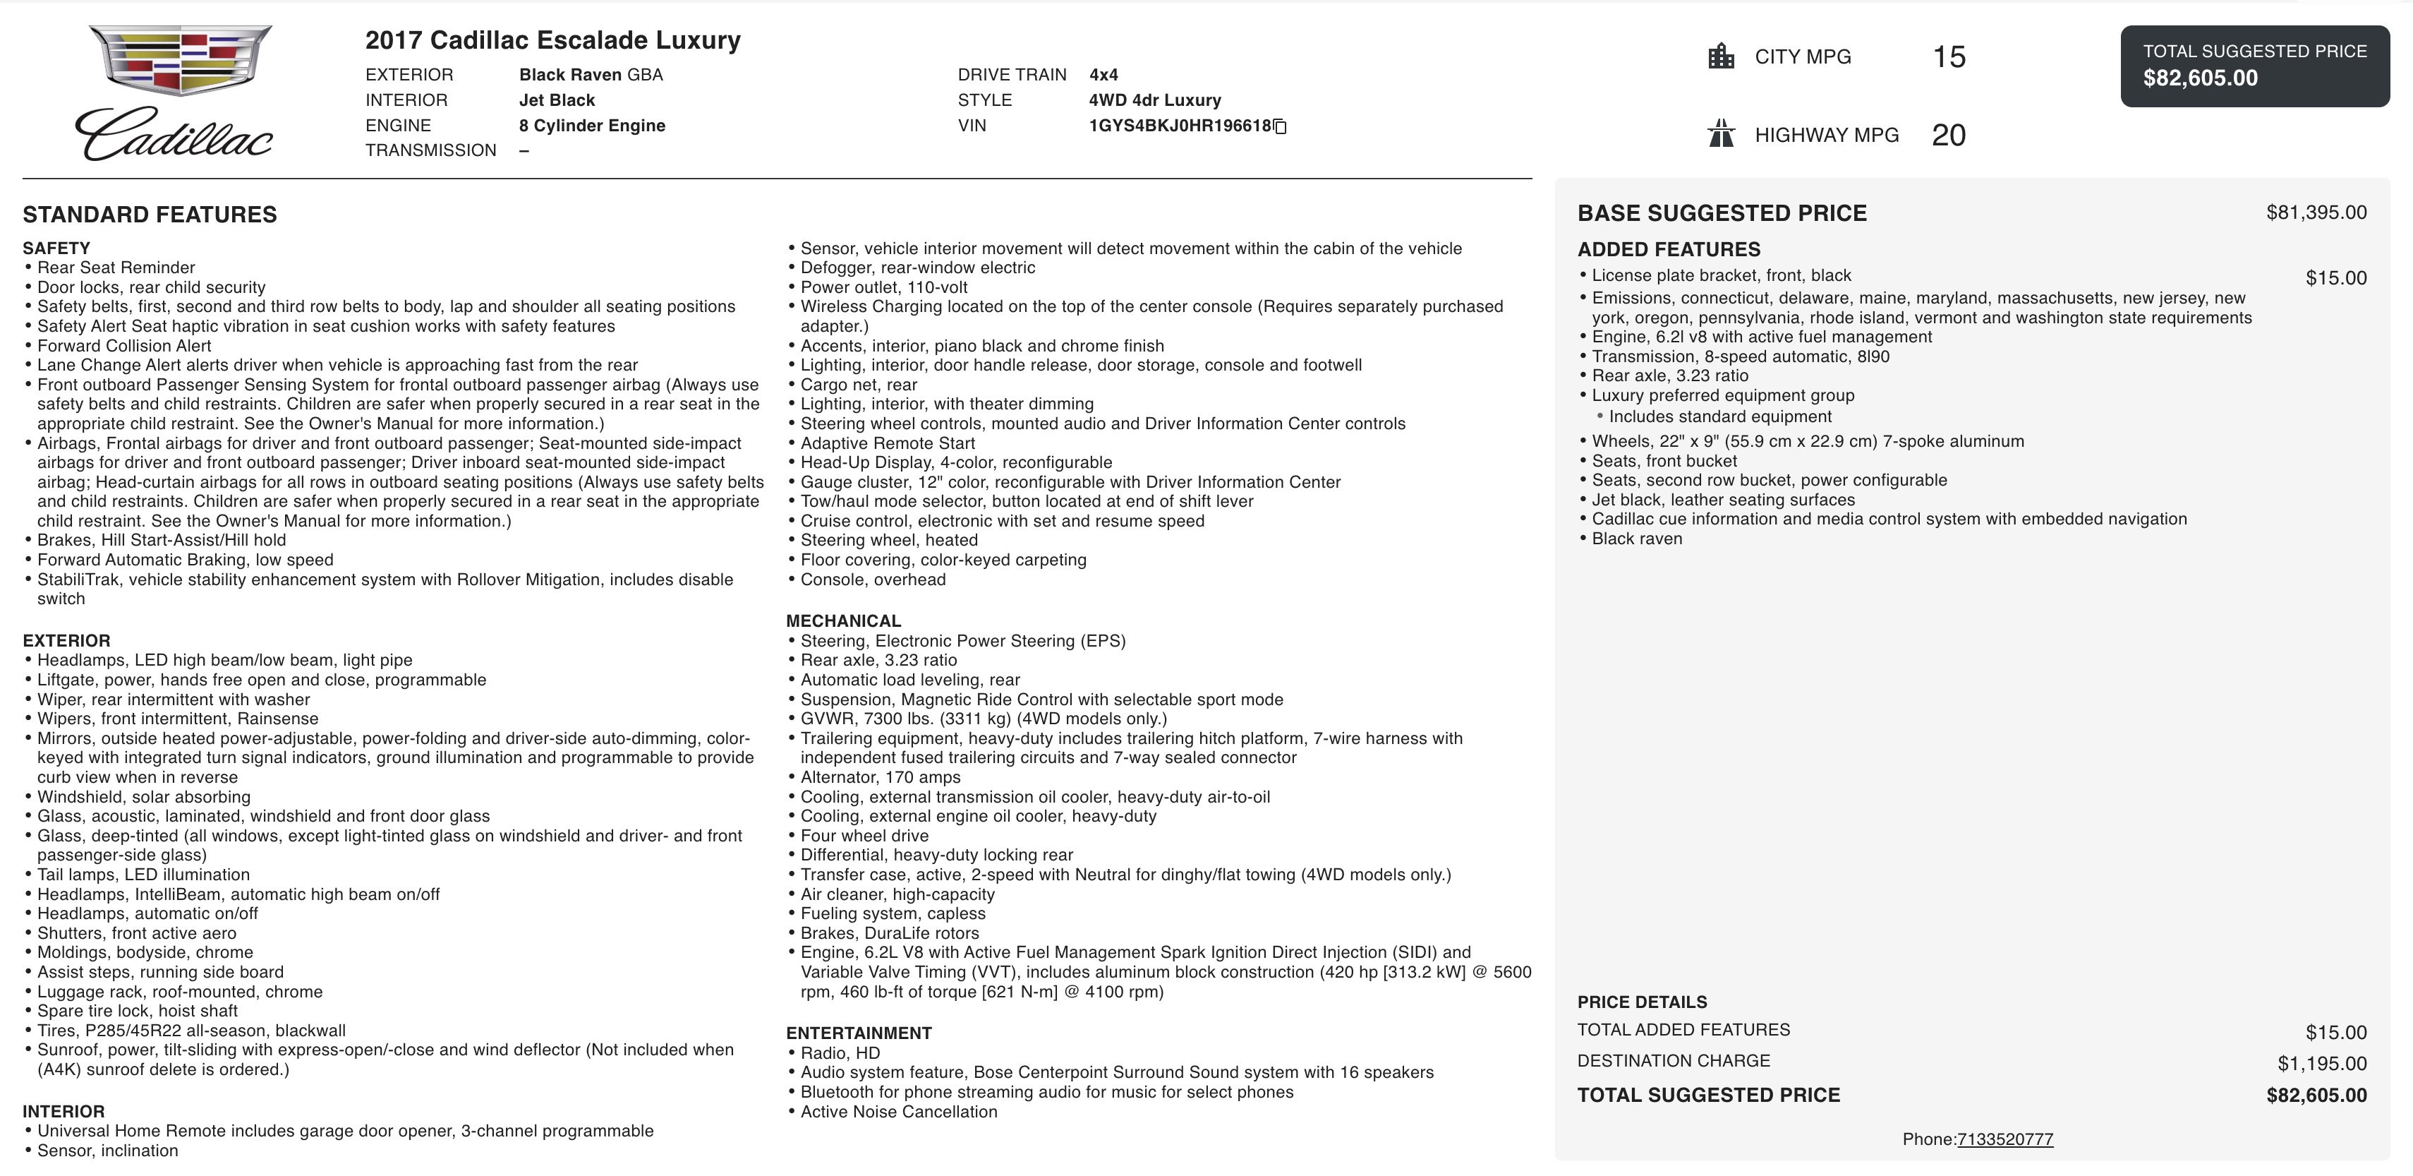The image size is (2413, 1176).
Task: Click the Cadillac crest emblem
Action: tap(180, 59)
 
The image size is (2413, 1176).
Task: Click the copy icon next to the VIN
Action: tap(1281, 126)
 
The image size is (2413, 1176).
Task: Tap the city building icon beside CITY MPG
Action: tap(1721, 56)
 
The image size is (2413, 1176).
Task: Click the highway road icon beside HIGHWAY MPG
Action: tap(1721, 134)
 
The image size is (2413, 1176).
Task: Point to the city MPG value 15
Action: tap(1948, 56)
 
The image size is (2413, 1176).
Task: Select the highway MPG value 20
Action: tap(1948, 135)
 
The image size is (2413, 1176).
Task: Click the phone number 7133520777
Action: tap(2004, 1139)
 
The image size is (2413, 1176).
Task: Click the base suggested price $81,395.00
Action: tap(2316, 212)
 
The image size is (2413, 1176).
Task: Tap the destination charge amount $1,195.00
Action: tap(2321, 1064)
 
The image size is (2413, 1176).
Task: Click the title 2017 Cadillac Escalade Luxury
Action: tap(552, 40)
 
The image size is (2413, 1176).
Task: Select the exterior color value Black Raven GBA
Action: tap(590, 75)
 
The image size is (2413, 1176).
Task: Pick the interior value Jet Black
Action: tap(557, 100)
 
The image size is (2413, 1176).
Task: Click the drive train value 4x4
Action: tap(1103, 75)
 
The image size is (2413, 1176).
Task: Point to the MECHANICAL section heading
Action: tap(843, 621)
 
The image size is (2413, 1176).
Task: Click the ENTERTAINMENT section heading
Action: tap(858, 1033)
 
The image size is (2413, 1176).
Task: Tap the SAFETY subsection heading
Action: tap(56, 248)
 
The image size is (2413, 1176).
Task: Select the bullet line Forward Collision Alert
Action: tap(125, 346)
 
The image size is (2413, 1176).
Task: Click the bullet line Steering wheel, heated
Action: tap(889, 540)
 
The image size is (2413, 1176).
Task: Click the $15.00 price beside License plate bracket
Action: tap(2335, 278)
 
